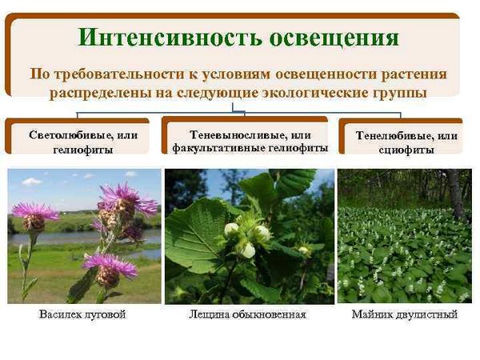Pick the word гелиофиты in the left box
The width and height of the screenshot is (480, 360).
(x=83, y=150)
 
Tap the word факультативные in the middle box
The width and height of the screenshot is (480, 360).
(x=218, y=148)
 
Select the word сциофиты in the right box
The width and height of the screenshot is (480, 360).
(x=406, y=150)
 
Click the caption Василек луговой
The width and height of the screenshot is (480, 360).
(x=82, y=314)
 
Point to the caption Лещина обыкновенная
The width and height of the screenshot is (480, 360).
(x=247, y=314)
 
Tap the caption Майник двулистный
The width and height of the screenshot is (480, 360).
(x=404, y=314)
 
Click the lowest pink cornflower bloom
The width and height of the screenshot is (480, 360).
(x=110, y=269)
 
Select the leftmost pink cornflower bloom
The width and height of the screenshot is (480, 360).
(x=35, y=216)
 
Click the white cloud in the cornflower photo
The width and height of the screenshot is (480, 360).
(x=31, y=182)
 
